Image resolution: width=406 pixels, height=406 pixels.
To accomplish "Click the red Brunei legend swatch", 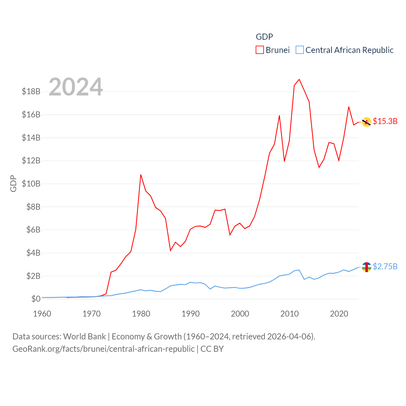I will coord(260,50).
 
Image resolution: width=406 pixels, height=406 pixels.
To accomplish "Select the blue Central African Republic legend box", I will coord(299,50).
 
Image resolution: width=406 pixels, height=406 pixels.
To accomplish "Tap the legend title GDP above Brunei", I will coord(264,37).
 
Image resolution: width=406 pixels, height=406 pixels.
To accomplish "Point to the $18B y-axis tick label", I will coord(31,92).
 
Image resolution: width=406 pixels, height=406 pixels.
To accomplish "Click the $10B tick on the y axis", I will coord(31,184).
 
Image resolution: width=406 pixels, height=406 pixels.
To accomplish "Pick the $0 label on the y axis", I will coord(36,299).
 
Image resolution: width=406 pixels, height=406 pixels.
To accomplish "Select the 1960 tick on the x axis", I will coord(42,314).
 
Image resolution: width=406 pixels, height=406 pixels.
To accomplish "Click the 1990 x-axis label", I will coord(191,314).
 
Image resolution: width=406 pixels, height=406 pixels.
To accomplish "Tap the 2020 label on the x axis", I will coord(339,314).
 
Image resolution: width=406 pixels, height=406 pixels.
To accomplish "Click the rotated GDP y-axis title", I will coord(13,183).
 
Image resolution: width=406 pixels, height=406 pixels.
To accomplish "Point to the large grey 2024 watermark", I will coord(75,87).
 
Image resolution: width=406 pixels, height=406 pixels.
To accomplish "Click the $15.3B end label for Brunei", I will coord(385,121).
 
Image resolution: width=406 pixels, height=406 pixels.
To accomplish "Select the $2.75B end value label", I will coord(385,266).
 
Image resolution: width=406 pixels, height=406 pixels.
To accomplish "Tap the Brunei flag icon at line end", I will coord(367,122).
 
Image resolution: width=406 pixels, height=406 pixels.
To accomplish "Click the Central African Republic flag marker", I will coord(367,267).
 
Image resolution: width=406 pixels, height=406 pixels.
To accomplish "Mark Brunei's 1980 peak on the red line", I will coord(141,175).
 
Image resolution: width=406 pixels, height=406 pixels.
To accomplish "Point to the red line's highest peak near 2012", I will coord(299,79).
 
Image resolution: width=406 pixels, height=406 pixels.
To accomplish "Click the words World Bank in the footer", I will coord(85,336).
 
